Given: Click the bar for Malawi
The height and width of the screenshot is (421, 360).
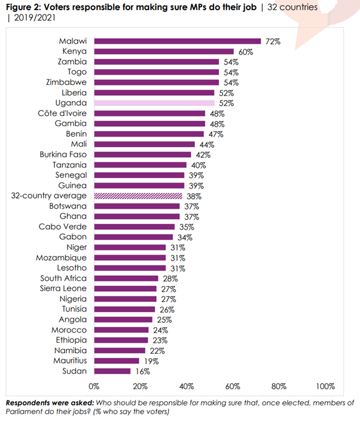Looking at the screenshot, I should point(177,41).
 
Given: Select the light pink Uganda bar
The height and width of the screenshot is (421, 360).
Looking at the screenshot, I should point(154,103).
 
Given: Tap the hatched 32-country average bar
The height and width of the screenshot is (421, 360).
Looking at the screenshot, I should point(138,196).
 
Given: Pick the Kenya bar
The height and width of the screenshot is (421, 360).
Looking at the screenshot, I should point(163,52).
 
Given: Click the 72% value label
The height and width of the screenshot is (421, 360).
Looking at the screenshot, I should point(273,41).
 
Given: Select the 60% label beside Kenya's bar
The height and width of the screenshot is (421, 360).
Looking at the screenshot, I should point(246,52).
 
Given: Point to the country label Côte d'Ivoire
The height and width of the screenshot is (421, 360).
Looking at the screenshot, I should point(62,114).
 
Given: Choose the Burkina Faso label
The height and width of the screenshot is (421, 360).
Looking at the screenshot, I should point(64,155).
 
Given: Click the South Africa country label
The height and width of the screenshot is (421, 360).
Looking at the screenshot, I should point(63,279).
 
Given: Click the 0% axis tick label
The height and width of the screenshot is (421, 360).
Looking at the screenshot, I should point(94,386).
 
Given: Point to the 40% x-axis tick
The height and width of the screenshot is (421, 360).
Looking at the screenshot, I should point(187,386).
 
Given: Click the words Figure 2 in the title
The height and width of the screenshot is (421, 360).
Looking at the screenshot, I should point(23,7).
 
